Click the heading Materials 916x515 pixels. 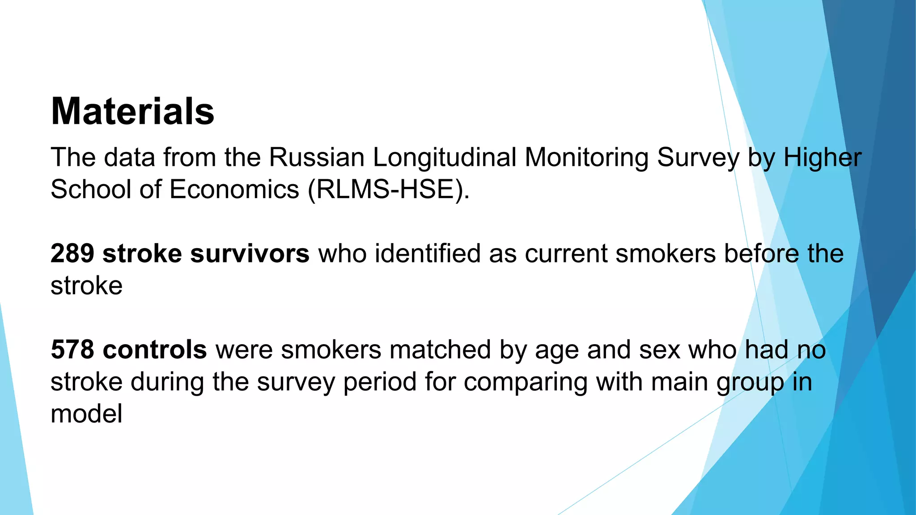[132, 111]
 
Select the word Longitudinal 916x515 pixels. [444, 157]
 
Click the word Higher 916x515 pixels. [822, 157]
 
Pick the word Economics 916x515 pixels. [234, 189]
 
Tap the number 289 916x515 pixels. [72, 253]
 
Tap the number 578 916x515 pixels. [72, 350]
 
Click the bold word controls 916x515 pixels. [155, 350]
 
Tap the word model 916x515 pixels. [86, 414]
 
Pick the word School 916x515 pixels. [90, 189]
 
